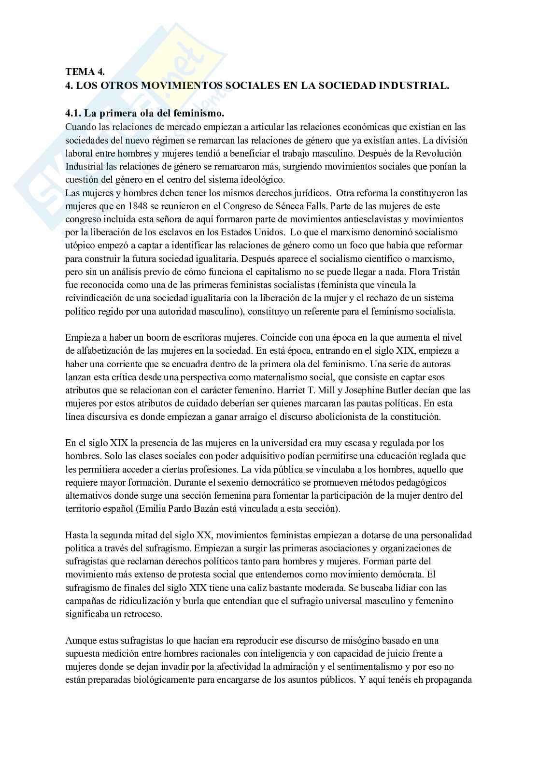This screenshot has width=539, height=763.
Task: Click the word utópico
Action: (79, 245)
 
